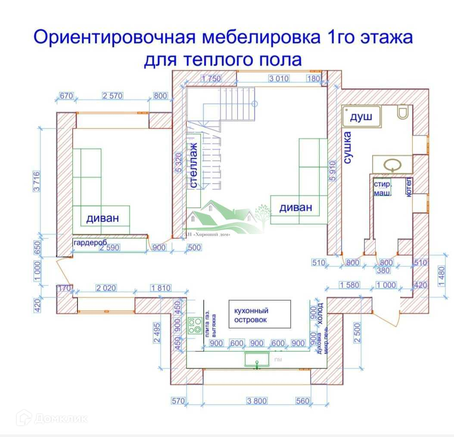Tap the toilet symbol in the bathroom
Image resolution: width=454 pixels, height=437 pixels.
tap(403, 113)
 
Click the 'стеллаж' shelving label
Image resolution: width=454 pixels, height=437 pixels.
tap(194, 165)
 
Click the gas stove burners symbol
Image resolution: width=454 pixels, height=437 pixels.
tap(195, 325)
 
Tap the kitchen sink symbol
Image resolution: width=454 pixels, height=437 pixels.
tap(257, 359)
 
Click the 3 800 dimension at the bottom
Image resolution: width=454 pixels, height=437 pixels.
tap(257, 401)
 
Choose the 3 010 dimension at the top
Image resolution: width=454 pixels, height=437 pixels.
tap(279, 78)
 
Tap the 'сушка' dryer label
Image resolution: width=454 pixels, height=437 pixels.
tap(348, 148)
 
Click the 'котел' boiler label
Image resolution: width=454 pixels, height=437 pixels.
tap(409, 187)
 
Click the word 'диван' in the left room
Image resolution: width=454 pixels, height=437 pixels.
tap(102, 218)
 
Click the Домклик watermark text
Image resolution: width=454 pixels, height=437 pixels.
tap(62, 418)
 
